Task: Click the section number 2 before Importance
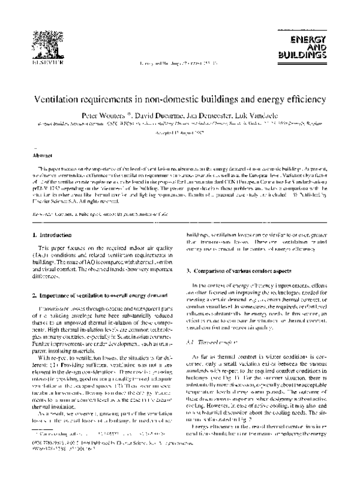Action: [x=32, y=296]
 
